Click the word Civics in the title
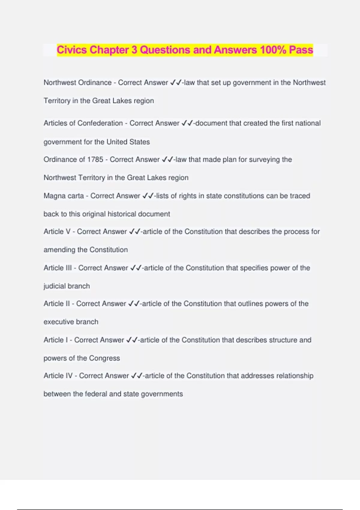coord(72,50)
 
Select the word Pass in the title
coord(301,50)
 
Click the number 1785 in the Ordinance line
coord(95,159)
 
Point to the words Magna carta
coord(64,196)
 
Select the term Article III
coord(58,268)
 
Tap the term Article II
coord(57,304)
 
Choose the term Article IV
coord(58,376)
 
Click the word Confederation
coord(100,123)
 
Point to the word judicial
coord(55,286)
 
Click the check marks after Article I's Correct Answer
coord(132,340)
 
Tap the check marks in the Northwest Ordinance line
coord(176,82)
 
